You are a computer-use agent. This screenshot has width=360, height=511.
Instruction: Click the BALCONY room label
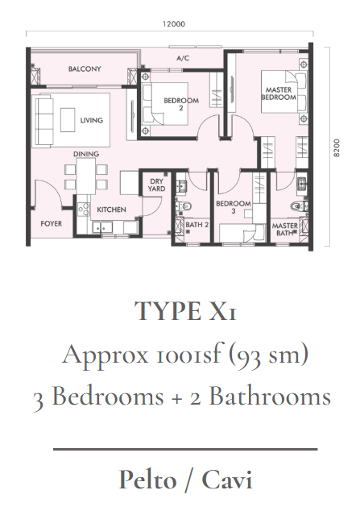(85, 69)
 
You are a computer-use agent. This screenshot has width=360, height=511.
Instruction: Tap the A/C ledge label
(183, 58)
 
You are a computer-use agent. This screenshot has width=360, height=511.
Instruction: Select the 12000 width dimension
(174, 24)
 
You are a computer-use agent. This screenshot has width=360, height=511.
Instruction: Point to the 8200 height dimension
(337, 147)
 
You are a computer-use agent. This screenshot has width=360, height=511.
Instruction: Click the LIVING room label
(92, 120)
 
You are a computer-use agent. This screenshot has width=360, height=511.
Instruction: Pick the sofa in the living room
(44, 121)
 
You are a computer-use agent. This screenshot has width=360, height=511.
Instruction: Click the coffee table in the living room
(68, 119)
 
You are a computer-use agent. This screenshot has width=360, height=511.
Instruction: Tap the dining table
(86, 177)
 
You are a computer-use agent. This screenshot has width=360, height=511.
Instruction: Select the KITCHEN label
(111, 210)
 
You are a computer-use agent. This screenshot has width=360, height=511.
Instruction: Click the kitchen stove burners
(83, 210)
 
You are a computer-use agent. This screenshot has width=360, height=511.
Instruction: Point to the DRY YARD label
(156, 185)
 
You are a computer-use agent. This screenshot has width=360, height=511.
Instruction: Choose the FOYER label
(51, 223)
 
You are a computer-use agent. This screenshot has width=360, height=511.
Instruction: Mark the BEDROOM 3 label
(234, 207)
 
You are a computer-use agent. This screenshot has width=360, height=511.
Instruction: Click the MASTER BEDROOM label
(279, 93)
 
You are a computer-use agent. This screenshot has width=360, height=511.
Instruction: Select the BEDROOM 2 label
(181, 104)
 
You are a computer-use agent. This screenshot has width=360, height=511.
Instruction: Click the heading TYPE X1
(185, 311)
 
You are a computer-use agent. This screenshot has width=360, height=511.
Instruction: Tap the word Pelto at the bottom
(147, 480)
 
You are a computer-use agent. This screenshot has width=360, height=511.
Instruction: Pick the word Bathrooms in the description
(270, 397)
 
